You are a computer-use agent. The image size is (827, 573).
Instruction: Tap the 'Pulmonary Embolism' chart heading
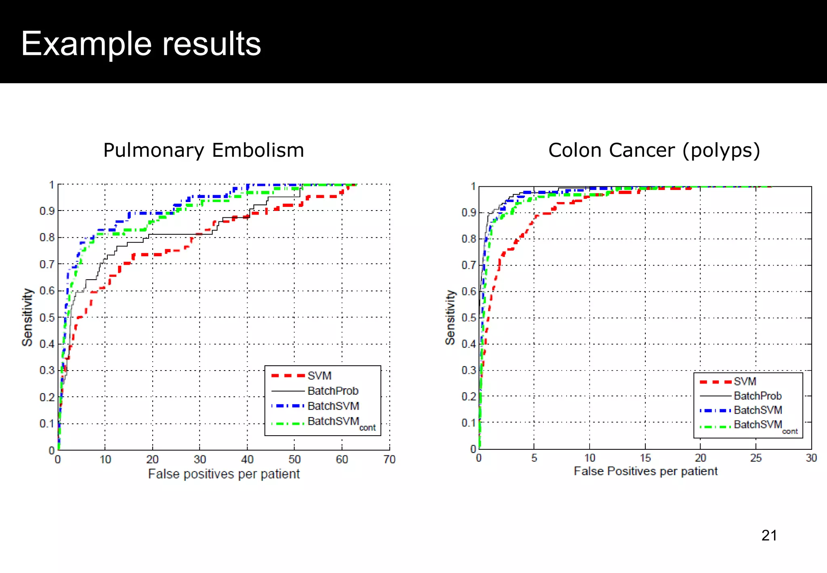tap(204, 150)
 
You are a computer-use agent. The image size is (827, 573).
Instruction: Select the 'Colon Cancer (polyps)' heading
tap(654, 150)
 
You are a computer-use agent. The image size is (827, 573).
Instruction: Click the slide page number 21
tap(769, 535)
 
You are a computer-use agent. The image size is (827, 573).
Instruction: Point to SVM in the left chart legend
tap(319, 376)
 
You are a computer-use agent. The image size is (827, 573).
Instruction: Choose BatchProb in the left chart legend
tap(333, 391)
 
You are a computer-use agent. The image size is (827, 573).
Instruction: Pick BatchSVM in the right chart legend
tap(758, 410)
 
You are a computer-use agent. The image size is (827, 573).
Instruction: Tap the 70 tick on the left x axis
tap(389, 459)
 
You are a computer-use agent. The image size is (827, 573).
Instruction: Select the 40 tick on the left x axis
tap(247, 459)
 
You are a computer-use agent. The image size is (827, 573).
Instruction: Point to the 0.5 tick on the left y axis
tap(47, 318)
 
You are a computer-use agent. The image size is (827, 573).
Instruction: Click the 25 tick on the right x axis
tap(756, 458)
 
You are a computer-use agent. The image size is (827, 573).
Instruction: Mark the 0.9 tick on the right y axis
tap(468, 213)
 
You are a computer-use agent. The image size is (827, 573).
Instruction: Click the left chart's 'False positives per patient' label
tap(224, 474)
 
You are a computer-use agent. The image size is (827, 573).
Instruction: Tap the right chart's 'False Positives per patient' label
tap(645, 471)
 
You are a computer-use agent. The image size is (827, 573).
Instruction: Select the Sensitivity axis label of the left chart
tap(27, 317)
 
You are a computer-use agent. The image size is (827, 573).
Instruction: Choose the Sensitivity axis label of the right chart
tap(450, 317)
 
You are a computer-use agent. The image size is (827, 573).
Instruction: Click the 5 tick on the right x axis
tap(534, 458)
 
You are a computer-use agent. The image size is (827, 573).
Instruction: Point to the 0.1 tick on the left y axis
tap(47, 424)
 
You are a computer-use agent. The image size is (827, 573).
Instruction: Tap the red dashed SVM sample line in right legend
tap(715, 382)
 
